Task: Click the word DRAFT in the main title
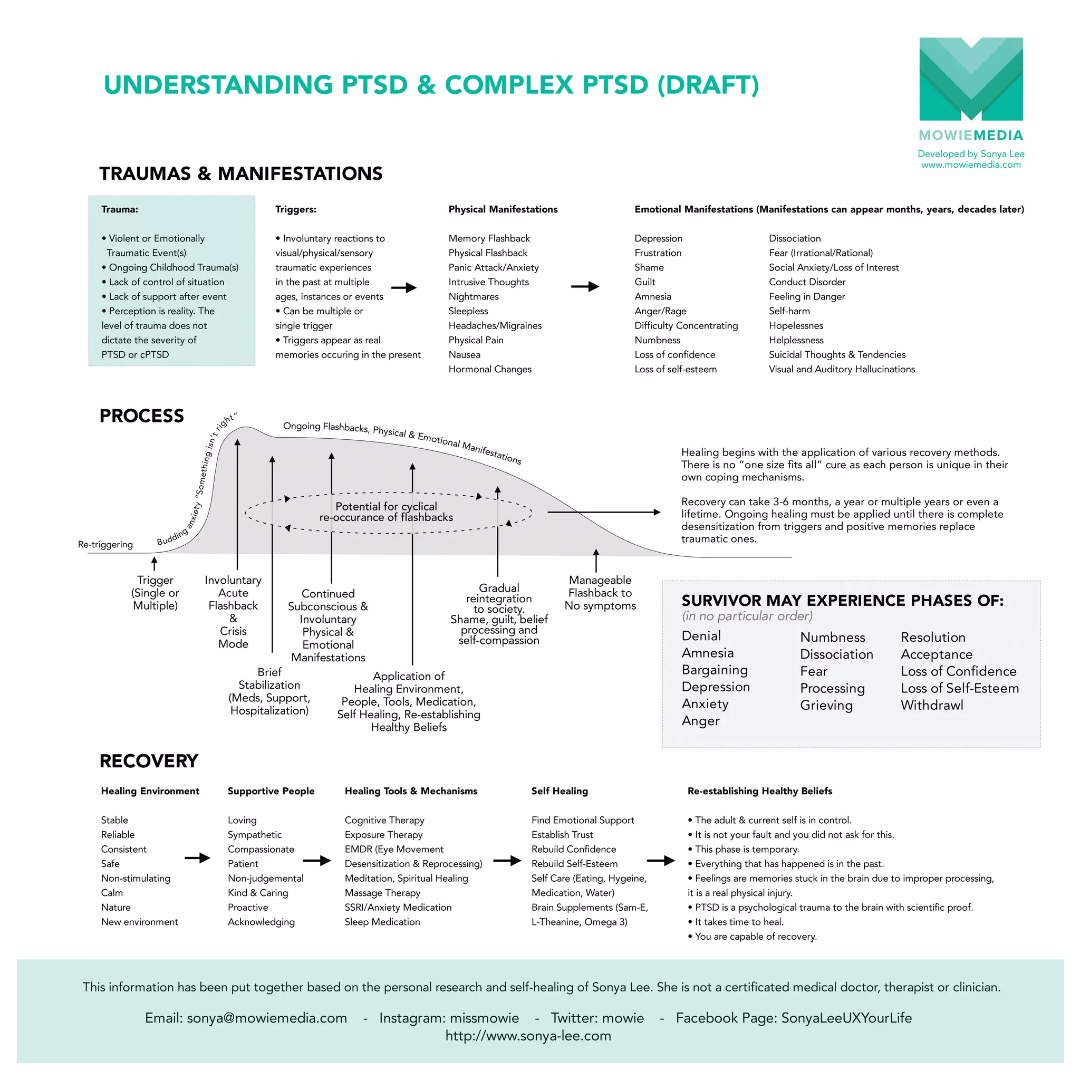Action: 708,85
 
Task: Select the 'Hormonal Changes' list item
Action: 490,369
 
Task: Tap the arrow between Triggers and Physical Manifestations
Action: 403,288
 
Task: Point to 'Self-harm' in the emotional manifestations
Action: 789,311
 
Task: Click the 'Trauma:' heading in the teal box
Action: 120,209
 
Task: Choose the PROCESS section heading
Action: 141,416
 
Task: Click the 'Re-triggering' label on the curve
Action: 105,544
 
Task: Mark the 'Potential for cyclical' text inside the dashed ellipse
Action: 386,506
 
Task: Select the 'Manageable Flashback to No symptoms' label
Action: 600,593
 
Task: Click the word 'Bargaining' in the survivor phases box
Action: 715,670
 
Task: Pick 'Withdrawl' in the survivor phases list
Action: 932,705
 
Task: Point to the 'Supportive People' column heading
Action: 271,791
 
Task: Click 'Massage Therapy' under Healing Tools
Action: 382,893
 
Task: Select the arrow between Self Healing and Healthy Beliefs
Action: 661,860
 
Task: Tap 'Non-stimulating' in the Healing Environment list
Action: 136,878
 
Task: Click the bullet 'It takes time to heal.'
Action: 739,922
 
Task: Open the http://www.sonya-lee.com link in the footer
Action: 528,1036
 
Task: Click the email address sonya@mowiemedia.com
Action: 267,1018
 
